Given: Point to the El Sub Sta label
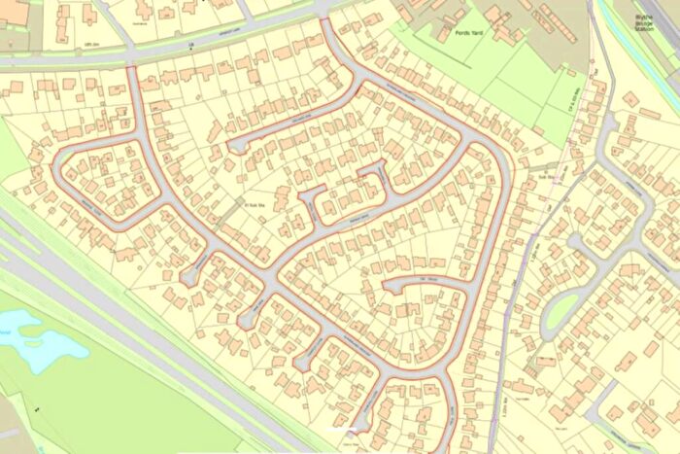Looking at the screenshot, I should [x=255, y=203].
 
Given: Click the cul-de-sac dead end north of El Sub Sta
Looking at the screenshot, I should [x=233, y=147].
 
